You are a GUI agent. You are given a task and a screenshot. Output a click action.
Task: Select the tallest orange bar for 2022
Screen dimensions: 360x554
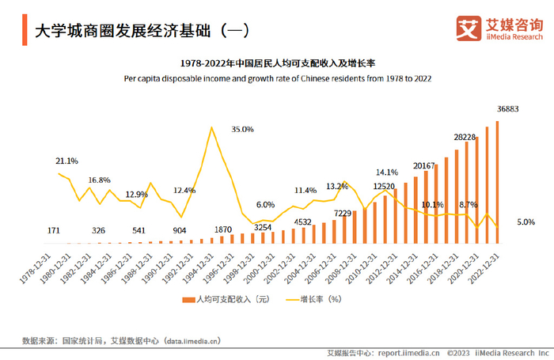498,182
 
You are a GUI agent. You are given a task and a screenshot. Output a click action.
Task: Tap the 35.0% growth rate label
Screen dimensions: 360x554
242,129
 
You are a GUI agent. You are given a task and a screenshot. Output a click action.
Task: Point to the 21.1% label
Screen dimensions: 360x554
66,161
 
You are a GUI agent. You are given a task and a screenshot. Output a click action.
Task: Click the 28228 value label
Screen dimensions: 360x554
465,137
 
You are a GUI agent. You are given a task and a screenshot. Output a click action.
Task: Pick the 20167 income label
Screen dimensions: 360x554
425,165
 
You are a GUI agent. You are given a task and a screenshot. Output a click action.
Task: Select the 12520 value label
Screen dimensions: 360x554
384,188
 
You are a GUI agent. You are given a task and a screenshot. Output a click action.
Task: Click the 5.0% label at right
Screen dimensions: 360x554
526,222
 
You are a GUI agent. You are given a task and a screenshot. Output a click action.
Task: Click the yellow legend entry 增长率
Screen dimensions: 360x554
313,299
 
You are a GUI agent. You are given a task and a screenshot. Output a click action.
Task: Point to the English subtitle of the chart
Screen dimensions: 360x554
277,78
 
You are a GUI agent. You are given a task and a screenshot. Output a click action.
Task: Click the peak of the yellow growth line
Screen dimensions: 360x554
211,127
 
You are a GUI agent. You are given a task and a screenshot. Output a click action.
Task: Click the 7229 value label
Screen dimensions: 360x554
343,213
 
